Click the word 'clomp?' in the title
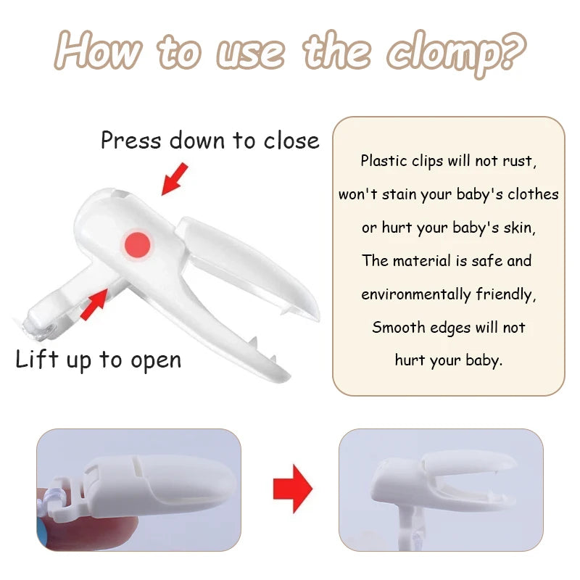coord(456,53)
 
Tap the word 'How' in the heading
coord(99,49)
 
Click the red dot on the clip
coord(137,245)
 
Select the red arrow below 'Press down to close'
coord(175,178)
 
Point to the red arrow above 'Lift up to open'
coord(94,304)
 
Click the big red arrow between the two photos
coord(293,488)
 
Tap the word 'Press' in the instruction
coord(131,140)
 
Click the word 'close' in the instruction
coord(291,141)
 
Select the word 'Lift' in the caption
coord(37,359)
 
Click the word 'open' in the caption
coord(156,361)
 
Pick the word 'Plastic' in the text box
coord(384,161)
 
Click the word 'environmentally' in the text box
coord(415,295)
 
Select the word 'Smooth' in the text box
coord(398,328)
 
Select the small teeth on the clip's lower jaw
coord(263,349)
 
